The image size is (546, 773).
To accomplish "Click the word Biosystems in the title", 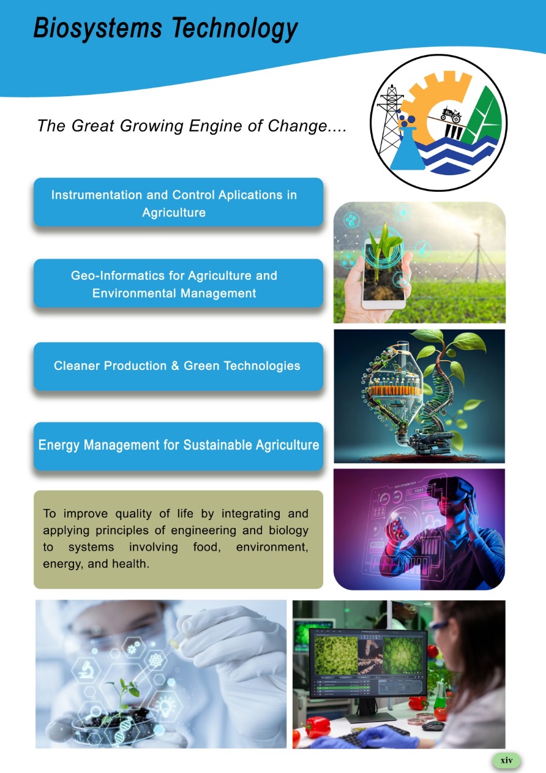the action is coord(97,28).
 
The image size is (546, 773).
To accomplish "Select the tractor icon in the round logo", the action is coord(451,115).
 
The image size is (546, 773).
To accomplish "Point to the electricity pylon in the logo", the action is coord(391,119).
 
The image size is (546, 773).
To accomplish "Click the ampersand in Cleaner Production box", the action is coord(175,366).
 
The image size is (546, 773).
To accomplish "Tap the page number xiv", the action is coord(506,760).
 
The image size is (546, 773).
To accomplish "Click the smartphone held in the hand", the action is coord(384,273).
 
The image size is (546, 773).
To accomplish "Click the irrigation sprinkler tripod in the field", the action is coord(477,257).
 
